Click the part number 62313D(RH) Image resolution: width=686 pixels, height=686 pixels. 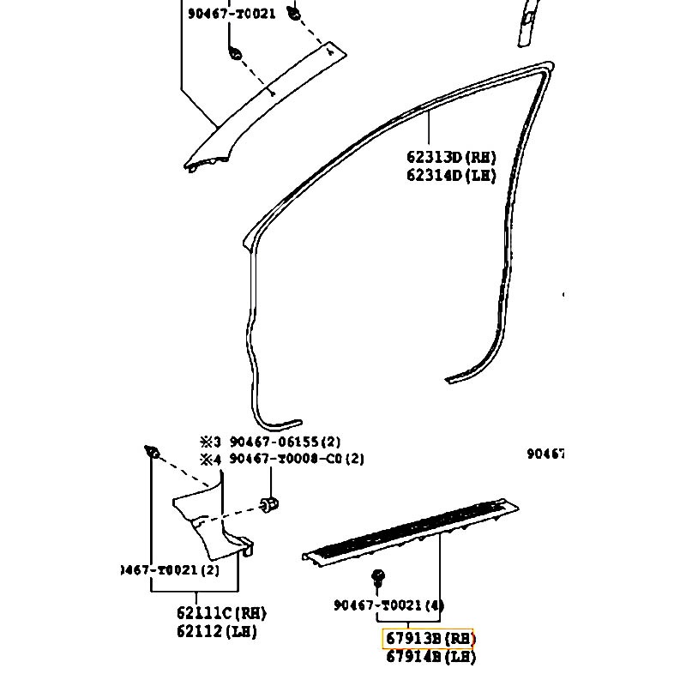(x=451, y=157)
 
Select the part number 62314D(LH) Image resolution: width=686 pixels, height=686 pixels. (x=451, y=175)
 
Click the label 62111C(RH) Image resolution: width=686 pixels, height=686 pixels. (x=221, y=613)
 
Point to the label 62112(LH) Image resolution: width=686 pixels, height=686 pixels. (x=216, y=631)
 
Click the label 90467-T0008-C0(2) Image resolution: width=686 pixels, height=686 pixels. (x=296, y=459)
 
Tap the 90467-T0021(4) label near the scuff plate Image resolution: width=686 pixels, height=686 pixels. (x=388, y=605)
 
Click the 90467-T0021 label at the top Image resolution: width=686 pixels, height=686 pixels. (x=231, y=14)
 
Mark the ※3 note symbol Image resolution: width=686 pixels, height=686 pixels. (x=211, y=442)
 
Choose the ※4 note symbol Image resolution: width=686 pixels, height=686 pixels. (x=211, y=459)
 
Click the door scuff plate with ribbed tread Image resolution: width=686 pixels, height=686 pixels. (x=412, y=527)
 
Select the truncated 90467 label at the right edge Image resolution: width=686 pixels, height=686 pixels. (x=545, y=454)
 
